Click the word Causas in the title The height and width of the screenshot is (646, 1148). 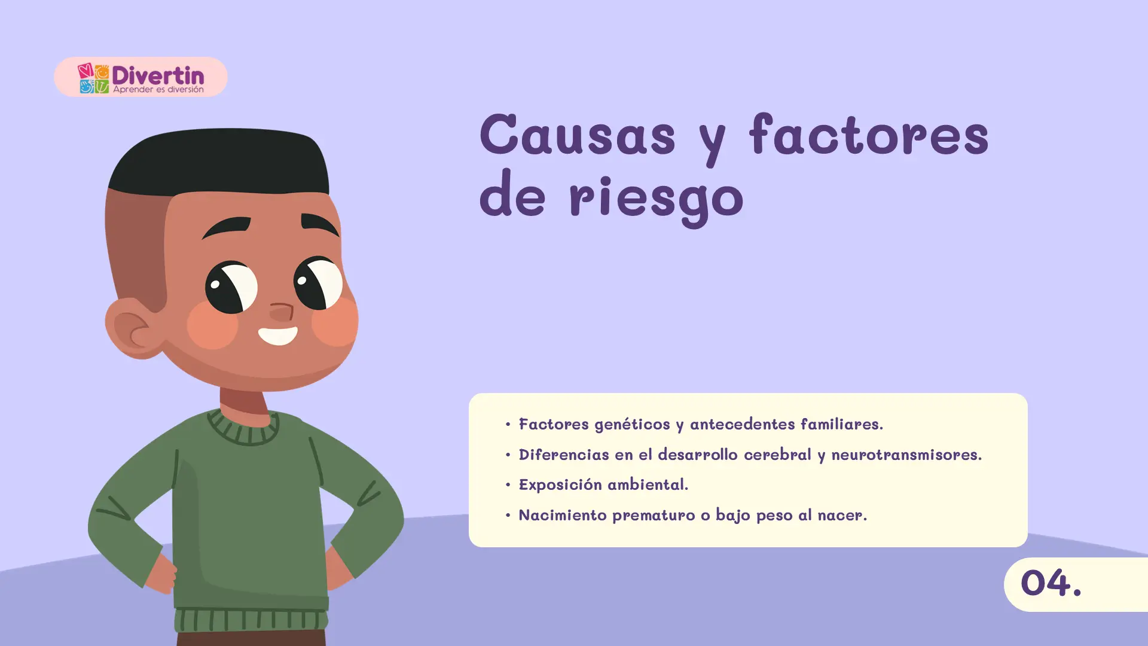pyautogui.click(x=578, y=135)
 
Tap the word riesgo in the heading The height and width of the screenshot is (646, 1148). pyautogui.click(x=656, y=197)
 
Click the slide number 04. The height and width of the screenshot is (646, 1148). pyautogui.click(x=1051, y=583)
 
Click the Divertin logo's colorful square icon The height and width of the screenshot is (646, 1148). pyautogui.click(x=93, y=78)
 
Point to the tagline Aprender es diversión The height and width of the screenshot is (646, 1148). pyautogui.click(x=158, y=89)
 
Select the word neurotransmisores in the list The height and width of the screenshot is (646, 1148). pyautogui.click(x=906, y=455)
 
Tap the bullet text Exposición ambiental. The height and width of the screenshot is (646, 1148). pyautogui.click(x=603, y=484)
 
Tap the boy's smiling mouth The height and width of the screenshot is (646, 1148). pyautogui.click(x=278, y=335)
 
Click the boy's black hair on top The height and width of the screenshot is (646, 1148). pyautogui.click(x=219, y=159)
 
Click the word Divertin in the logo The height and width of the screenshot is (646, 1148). pyautogui.click(x=158, y=75)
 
